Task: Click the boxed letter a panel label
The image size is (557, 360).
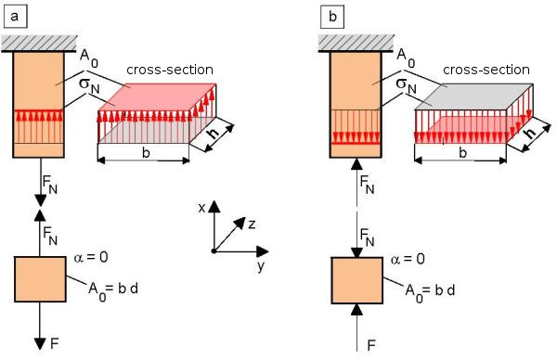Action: (15, 17)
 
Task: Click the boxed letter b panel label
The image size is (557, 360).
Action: (332, 17)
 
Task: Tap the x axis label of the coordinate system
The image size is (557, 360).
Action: (201, 208)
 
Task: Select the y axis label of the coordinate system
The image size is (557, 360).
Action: (261, 265)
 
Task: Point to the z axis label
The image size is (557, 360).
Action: (252, 225)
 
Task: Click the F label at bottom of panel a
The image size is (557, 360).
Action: (55, 343)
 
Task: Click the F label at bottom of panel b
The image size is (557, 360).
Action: (371, 345)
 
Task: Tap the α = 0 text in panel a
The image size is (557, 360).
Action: (91, 257)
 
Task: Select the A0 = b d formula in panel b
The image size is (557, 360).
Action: (430, 292)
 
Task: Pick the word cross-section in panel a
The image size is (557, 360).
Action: (170, 70)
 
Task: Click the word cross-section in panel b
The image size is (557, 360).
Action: (486, 70)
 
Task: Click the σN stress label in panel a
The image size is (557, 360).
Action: (89, 85)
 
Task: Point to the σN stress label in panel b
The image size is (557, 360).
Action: (406, 85)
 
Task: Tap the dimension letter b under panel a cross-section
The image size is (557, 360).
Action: (146, 153)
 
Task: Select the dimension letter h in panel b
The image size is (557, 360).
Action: (531, 133)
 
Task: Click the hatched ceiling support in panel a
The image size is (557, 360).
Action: (39, 44)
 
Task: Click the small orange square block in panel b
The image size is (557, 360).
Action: (357, 280)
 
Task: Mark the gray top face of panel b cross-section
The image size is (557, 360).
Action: (474, 96)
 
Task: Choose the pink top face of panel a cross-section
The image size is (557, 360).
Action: (158, 96)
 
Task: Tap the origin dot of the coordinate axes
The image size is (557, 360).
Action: (214, 251)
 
